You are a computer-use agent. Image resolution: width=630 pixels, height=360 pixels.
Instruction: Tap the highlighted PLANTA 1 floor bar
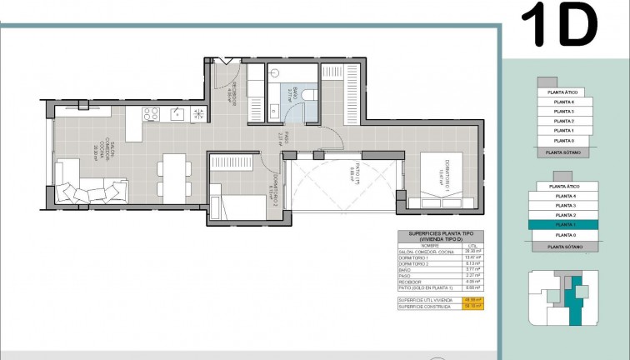tap(564, 225)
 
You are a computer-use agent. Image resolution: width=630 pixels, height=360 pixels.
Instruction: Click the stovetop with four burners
tap(151, 114)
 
